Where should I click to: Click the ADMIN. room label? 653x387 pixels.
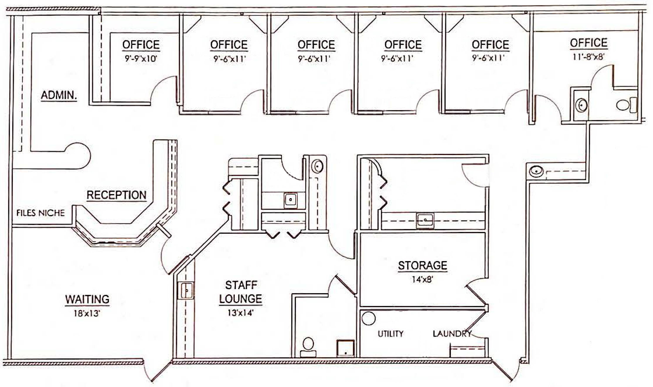coord(59,95)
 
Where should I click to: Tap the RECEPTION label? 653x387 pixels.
coord(116,195)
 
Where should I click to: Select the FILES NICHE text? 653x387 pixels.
coord(40,213)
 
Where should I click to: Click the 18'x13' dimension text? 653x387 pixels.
coord(87,313)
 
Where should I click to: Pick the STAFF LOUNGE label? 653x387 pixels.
coord(241,292)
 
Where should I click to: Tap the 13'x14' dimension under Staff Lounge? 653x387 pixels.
coord(240,313)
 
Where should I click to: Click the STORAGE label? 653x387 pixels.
coord(423,265)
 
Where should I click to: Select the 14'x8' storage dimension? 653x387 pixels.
coord(422,280)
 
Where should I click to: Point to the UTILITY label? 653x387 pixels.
coord(390,334)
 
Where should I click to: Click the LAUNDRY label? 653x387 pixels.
coord(452,334)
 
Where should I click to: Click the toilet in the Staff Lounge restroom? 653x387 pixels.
coord(308,347)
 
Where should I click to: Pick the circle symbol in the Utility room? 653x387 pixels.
coord(369,318)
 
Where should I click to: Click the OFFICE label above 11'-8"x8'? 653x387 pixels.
coord(589,43)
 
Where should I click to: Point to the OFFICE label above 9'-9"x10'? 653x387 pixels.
coord(141,45)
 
